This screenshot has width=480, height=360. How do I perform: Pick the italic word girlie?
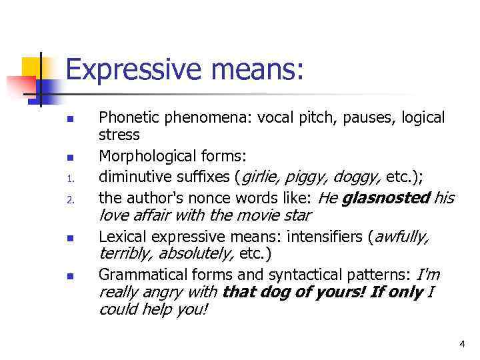(261, 177)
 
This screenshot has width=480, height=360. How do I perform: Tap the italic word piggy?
(308, 177)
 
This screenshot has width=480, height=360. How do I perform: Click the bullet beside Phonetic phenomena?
(69, 119)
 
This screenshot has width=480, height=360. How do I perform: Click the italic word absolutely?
(193, 254)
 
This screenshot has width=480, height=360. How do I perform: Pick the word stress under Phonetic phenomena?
(119, 135)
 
